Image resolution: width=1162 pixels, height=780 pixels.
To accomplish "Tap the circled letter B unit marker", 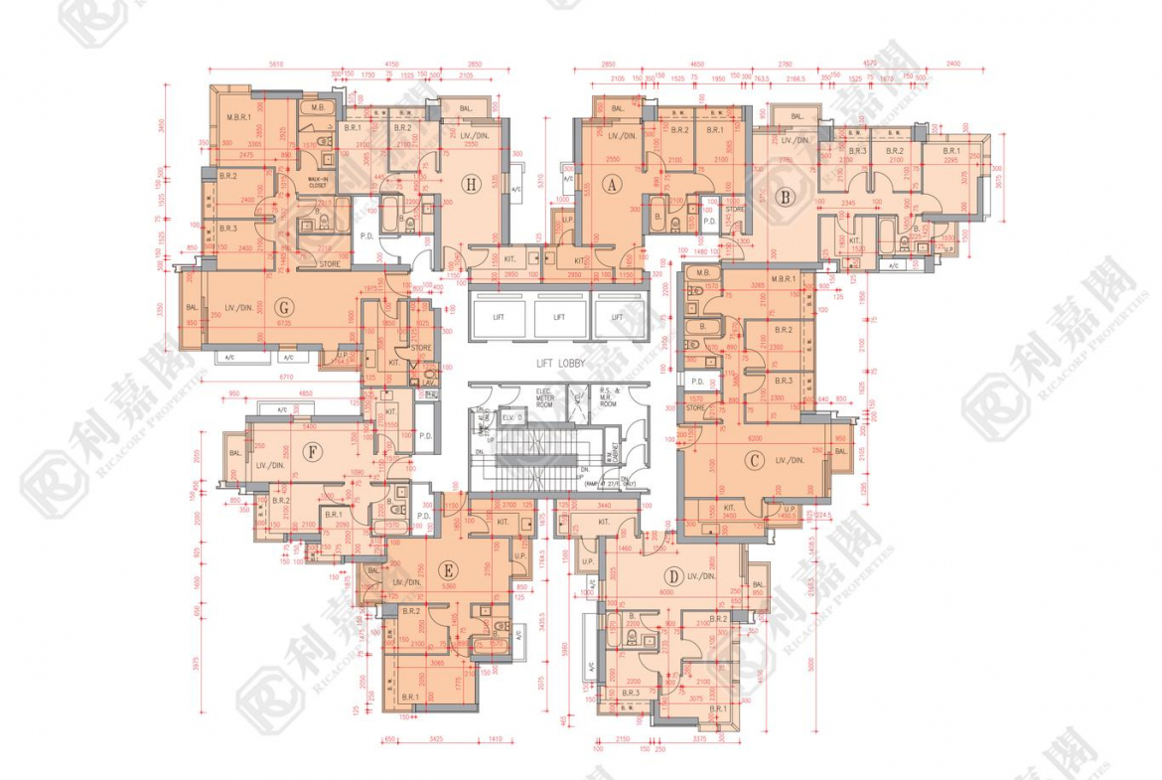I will click(x=786, y=197).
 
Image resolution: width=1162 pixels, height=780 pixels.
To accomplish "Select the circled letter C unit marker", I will click(x=755, y=459).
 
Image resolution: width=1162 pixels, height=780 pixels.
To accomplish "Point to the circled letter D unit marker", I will click(x=673, y=575).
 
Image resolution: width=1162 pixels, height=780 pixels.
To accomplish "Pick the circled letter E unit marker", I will click(x=449, y=570).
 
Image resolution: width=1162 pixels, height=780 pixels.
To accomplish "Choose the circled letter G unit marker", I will click(x=284, y=308).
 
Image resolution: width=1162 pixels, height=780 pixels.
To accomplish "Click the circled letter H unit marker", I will click(x=471, y=183).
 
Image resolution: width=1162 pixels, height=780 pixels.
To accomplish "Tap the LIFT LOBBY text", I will click(x=558, y=364).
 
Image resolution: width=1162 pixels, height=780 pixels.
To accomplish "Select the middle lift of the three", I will click(x=558, y=317).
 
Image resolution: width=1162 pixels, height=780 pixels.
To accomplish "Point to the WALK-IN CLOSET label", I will click(x=317, y=183).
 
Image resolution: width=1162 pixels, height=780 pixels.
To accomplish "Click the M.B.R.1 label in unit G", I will click(x=238, y=118).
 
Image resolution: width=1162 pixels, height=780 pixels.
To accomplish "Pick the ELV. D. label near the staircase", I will click(x=512, y=418).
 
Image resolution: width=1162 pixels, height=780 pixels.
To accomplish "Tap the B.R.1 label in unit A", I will click(x=714, y=130).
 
